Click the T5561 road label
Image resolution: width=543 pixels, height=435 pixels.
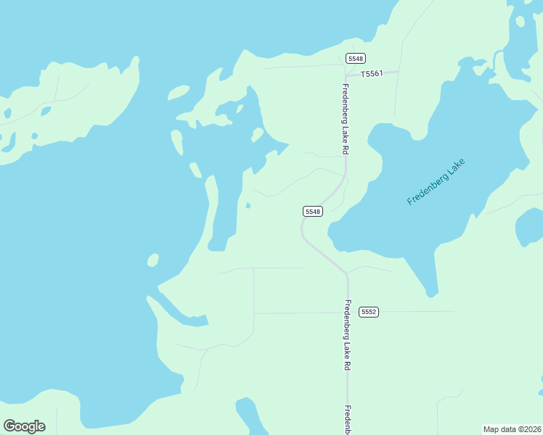(x=371, y=74)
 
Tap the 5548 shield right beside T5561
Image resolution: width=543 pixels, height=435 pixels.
(x=356, y=58)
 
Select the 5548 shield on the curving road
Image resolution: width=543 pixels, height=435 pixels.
(x=313, y=211)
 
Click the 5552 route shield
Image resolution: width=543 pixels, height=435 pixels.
(x=369, y=312)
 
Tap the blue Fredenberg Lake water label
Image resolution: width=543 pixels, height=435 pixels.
(x=435, y=182)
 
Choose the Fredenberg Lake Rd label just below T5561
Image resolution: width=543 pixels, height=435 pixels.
(x=346, y=118)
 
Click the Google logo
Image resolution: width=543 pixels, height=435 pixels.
(x=24, y=426)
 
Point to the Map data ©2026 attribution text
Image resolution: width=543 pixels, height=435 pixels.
(x=512, y=428)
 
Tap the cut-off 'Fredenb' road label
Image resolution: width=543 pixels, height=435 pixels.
(x=348, y=420)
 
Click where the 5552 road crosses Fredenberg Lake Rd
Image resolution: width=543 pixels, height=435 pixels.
(x=348, y=312)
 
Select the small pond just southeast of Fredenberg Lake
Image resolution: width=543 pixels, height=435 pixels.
(x=528, y=231)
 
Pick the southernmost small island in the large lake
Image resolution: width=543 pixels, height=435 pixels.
(x=152, y=260)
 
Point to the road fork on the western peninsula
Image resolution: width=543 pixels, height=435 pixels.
(x=56, y=100)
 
